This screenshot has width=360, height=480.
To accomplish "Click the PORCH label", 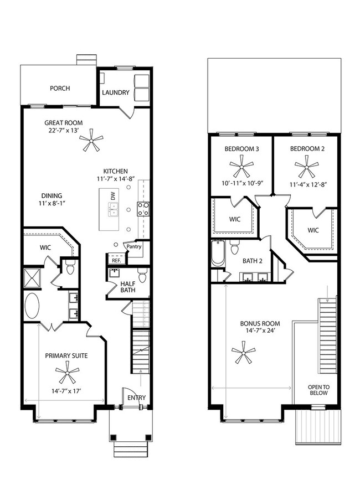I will point(60,88).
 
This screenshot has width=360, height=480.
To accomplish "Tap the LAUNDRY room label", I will point(115,92).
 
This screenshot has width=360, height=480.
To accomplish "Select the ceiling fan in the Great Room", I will point(91,143).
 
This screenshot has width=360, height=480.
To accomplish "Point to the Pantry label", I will point(134,247).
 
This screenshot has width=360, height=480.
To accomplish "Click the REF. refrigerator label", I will point(116,260).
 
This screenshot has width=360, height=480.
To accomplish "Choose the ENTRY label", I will point(136,398).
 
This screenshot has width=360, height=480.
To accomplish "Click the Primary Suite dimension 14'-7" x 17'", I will point(66,391).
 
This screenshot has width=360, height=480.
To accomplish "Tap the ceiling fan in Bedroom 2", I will point(305,164).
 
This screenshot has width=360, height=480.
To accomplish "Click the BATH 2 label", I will point(253,261).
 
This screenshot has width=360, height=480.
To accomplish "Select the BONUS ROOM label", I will point(260,323).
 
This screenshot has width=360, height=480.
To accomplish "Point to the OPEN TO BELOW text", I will point(318,390).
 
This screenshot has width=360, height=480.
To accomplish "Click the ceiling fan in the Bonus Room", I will point(242,352).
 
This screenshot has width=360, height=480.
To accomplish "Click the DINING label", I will point(50,195).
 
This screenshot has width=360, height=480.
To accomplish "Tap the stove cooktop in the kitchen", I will point(143,209).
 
